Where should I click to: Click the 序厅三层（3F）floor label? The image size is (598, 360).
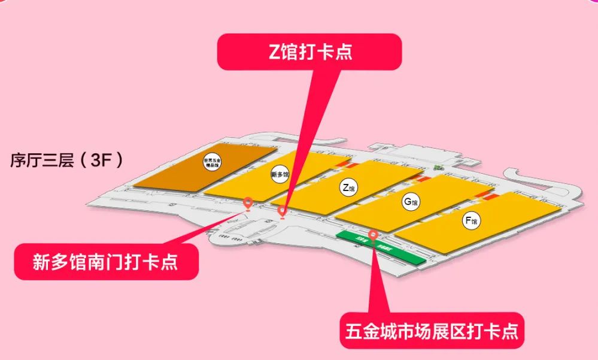coord(66,160)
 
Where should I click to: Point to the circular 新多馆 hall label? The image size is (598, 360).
coord(280,175)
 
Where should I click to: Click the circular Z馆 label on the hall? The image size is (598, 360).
coord(348,188)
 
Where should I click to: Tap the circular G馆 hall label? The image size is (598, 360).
coord(410,202)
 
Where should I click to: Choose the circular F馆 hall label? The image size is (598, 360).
coord(471,221)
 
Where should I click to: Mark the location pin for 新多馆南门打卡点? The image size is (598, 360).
coord(248,202)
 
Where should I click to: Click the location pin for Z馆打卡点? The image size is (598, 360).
coord(283,211)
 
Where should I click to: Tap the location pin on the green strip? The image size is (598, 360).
coord(373,235)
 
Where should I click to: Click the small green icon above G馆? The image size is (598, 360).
coord(439,167)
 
